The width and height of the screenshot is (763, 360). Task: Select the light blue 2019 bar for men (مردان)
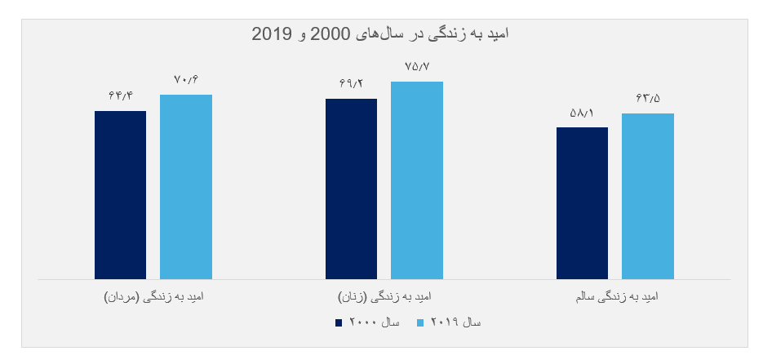pyautogui.click(x=185, y=187)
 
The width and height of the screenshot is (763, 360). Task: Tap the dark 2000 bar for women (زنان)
pyautogui.click(x=351, y=189)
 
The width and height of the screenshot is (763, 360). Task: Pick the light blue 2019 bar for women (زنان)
pyautogui.click(x=416, y=180)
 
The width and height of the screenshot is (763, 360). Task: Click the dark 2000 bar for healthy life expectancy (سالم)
pyautogui.click(x=582, y=203)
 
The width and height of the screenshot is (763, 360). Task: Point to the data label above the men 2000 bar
pyautogui.click(x=120, y=95)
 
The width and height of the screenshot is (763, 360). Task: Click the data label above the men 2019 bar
pyautogui.click(x=186, y=79)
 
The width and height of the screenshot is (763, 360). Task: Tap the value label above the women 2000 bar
pyautogui.click(x=351, y=82)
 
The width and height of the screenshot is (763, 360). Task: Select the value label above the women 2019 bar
pyautogui.click(x=416, y=66)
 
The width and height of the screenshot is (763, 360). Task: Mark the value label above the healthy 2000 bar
pyautogui.click(x=582, y=113)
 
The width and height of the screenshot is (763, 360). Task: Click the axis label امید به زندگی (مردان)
pyautogui.click(x=153, y=297)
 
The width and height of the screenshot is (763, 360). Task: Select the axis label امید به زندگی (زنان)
pyautogui.click(x=384, y=297)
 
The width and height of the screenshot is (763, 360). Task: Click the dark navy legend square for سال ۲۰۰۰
pyautogui.click(x=339, y=323)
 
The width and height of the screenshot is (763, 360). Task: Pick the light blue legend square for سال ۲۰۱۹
pyautogui.click(x=421, y=323)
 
